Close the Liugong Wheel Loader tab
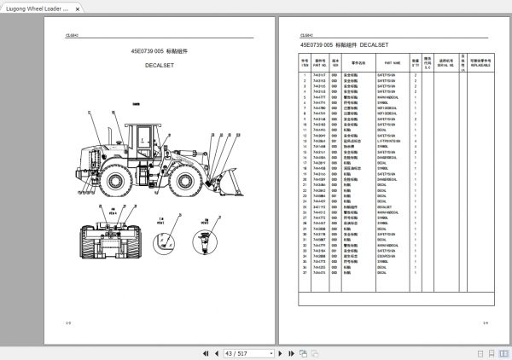click(78, 7)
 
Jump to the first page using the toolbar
click(205, 353)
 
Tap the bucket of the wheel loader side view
click(224, 183)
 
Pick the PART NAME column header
click(393, 62)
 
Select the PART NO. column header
click(320, 62)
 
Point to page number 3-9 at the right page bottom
click(485, 322)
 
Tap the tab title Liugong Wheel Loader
click(34, 7)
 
